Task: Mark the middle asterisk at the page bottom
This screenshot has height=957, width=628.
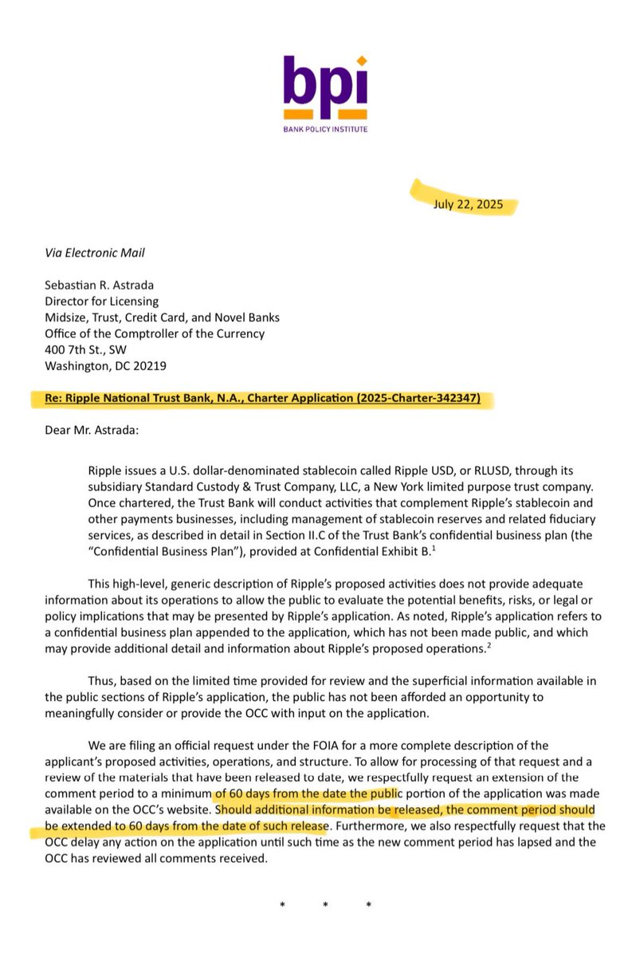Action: (324, 905)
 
